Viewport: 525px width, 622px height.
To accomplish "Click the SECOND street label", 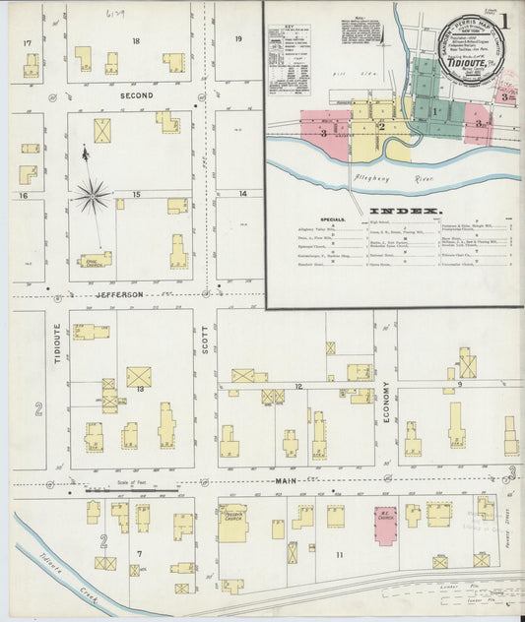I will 137,95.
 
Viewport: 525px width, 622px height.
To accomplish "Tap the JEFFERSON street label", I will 120,294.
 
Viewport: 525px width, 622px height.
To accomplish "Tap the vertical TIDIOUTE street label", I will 57,342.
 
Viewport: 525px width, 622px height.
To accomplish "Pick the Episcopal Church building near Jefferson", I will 97,260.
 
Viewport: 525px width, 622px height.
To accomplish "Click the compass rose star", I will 92,196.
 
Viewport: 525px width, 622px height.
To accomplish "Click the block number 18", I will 136,40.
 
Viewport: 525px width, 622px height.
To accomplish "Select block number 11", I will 340,556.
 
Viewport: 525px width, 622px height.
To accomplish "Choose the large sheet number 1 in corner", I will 504,20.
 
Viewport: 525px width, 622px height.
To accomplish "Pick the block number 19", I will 238,38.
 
